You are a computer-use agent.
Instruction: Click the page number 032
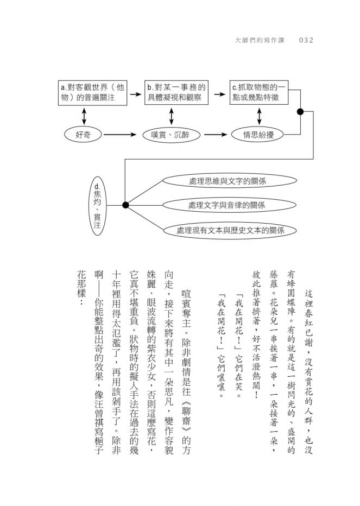pos(306,40)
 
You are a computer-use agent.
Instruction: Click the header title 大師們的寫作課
pos(260,40)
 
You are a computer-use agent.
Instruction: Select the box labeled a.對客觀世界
pos(92,93)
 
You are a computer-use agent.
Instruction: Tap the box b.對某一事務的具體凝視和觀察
pos(176,93)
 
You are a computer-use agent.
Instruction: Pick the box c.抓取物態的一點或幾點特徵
pos(259,93)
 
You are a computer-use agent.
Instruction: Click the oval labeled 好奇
pos(83,135)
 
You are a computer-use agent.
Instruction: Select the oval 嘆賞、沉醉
pos(171,135)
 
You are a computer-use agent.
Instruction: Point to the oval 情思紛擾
pos(258,135)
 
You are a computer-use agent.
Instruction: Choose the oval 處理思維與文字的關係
pos(230,181)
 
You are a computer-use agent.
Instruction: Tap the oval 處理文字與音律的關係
pos(229,205)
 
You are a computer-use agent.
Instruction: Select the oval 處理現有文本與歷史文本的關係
pos(230,230)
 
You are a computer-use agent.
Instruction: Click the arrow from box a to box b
pos(136,94)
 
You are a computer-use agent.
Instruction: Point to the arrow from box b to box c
pos(219,94)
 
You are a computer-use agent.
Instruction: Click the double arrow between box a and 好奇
pos(84,116)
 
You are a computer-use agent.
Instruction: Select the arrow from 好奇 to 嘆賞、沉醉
pos(120,134)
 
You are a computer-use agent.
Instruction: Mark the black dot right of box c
pos(300,112)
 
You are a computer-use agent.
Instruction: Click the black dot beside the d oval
pos(125,205)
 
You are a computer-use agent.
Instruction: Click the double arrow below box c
pos(259,116)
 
